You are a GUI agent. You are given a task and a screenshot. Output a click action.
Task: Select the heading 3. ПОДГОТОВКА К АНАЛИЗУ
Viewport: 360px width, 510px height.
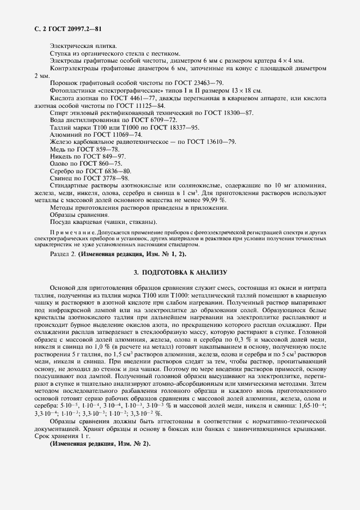(x=180, y=271)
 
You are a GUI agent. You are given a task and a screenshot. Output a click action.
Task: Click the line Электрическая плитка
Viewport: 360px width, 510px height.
(x=79, y=46)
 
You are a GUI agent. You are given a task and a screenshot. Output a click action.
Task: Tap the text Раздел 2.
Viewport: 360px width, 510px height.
(x=63, y=254)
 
